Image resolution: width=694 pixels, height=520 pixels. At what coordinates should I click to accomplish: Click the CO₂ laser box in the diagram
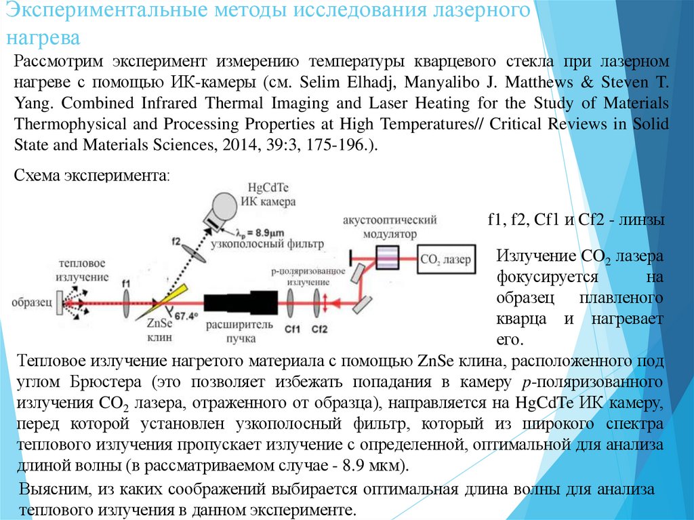pyautogui.click(x=445, y=258)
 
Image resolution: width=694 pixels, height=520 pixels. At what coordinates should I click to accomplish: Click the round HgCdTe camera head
pyautogui.click(x=223, y=203)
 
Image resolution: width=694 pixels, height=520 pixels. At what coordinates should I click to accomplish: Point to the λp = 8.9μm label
pyautogui.click(x=256, y=231)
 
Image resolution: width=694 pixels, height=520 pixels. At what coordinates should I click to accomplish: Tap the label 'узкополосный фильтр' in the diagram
pyautogui.click(x=267, y=243)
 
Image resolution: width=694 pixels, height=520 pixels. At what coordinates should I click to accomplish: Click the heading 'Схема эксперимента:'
pyautogui.click(x=92, y=176)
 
